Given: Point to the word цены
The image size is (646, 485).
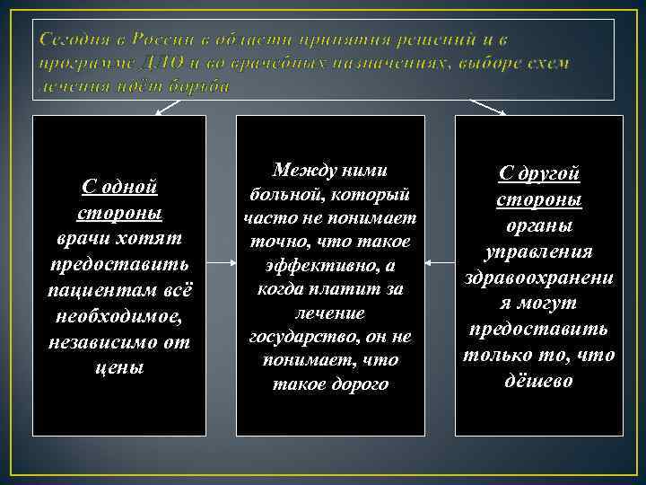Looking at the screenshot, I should coord(118,367).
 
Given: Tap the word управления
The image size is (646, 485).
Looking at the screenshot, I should coord(538,251).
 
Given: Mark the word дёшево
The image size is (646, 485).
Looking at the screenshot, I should coord(538,380).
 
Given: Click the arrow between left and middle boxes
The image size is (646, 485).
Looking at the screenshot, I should coord(221,264).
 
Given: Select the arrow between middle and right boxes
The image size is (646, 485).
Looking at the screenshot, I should coord(440,264).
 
